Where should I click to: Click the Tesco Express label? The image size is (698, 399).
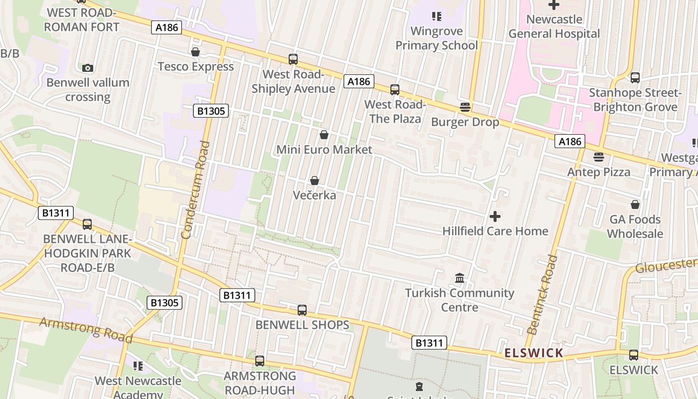pyautogui.click(x=195, y=66)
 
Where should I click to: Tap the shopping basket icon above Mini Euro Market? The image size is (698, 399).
pyautogui.click(x=324, y=135)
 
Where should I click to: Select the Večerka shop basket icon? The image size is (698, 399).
pyautogui.click(x=315, y=181)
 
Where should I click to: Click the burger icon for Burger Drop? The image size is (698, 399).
pyautogui.click(x=465, y=107)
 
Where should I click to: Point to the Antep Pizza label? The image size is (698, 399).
pyautogui.click(x=599, y=172)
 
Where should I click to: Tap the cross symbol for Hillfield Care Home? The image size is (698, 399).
pyautogui.click(x=495, y=216)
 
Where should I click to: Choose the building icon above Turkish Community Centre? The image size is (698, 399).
pyautogui.click(x=460, y=278)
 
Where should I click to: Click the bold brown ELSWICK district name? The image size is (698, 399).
pyautogui.click(x=533, y=353)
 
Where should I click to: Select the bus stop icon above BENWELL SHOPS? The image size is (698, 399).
pyautogui.click(x=302, y=310)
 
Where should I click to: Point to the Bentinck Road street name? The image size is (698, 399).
pyautogui.click(x=543, y=294)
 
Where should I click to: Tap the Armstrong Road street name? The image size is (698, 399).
pyautogui.click(x=86, y=330)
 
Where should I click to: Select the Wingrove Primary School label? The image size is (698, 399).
pyautogui.click(x=437, y=38)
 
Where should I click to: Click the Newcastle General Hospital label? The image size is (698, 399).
pyautogui.click(x=554, y=26)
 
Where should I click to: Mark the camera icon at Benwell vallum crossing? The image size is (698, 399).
pyautogui.click(x=88, y=68)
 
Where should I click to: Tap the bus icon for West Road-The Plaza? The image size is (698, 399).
pyautogui.click(x=395, y=90)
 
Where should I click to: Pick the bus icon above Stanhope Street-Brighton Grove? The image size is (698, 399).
pyautogui.click(x=635, y=78)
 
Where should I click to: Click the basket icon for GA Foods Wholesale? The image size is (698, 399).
pyautogui.click(x=635, y=204)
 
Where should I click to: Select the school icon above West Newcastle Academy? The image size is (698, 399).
pyautogui.click(x=138, y=366)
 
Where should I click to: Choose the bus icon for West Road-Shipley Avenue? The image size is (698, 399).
pyautogui.click(x=293, y=59)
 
